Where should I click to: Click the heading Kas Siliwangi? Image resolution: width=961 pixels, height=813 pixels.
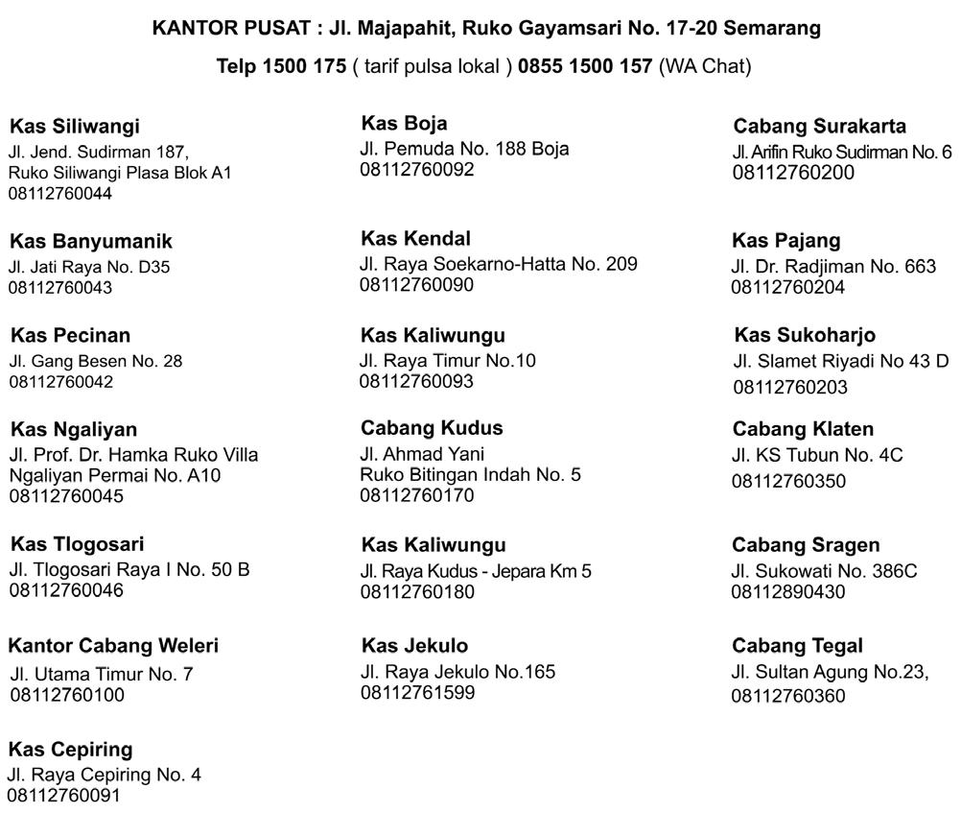pyautogui.click(x=75, y=126)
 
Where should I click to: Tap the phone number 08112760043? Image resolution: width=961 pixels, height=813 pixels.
pyautogui.click(x=60, y=287)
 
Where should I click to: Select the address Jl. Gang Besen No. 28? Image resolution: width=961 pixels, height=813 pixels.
pyautogui.click(x=96, y=361)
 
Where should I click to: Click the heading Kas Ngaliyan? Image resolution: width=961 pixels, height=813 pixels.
pyautogui.click(x=74, y=429)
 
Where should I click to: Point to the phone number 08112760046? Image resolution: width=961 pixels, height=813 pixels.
pyautogui.click(x=66, y=590)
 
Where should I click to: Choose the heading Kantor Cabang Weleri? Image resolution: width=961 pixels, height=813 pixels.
pyautogui.click(x=113, y=645)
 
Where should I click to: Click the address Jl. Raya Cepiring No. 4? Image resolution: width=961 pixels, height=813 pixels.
pyautogui.click(x=105, y=774)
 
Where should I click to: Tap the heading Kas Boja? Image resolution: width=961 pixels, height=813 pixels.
pyautogui.click(x=404, y=123)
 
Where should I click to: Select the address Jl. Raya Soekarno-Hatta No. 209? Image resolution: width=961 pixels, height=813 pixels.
pyautogui.click(x=499, y=263)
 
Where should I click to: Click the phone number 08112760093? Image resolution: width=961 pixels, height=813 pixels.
pyautogui.click(x=416, y=381)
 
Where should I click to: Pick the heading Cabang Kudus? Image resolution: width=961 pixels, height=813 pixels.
pyautogui.click(x=432, y=427)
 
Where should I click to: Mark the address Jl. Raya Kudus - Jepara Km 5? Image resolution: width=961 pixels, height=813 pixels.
pyautogui.click(x=476, y=570)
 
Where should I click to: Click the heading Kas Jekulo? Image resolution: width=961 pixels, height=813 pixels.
pyautogui.click(x=414, y=645)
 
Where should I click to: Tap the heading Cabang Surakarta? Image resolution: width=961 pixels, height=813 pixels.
pyautogui.click(x=819, y=126)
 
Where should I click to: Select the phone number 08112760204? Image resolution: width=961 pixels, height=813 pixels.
pyautogui.click(x=788, y=287)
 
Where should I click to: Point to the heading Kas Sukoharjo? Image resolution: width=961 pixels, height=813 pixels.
pyautogui.click(x=805, y=335)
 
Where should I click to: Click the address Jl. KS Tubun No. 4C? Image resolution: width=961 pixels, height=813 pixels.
pyautogui.click(x=817, y=455)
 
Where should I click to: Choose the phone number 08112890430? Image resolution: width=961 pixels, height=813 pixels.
pyautogui.click(x=788, y=591)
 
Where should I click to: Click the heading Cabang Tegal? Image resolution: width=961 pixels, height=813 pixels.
pyautogui.click(x=797, y=645)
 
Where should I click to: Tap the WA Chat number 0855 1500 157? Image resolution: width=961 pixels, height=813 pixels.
pyautogui.click(x=585, y=66)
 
